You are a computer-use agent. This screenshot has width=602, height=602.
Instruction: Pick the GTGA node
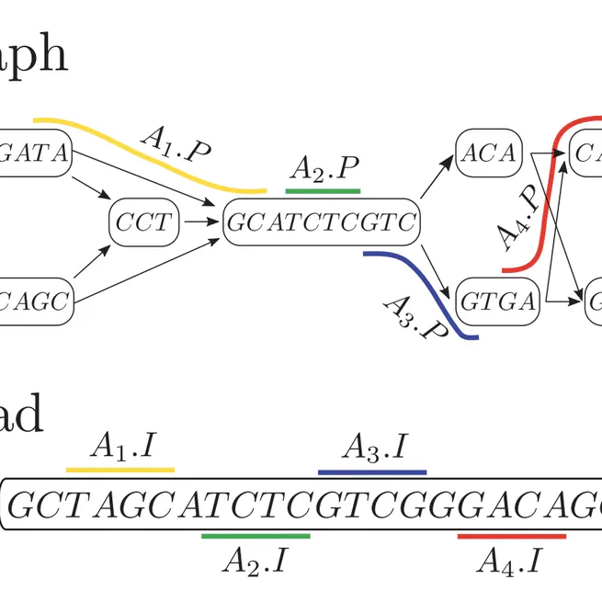(496, 299)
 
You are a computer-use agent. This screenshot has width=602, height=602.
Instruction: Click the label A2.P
(324, 169)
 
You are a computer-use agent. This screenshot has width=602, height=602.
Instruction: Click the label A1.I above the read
(125, 448)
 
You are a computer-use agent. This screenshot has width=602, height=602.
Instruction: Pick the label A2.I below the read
(255, 559)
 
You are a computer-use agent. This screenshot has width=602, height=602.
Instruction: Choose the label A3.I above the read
(374, 448)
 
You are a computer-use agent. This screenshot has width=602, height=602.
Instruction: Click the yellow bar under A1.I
(120, 470)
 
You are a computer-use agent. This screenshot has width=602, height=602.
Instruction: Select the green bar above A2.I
(256, 535)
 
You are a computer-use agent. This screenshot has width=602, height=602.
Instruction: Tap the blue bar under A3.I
(372, 472)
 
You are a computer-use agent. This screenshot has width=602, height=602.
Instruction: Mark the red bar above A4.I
(512, 535)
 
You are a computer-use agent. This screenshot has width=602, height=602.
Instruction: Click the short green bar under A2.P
(323, 191)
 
